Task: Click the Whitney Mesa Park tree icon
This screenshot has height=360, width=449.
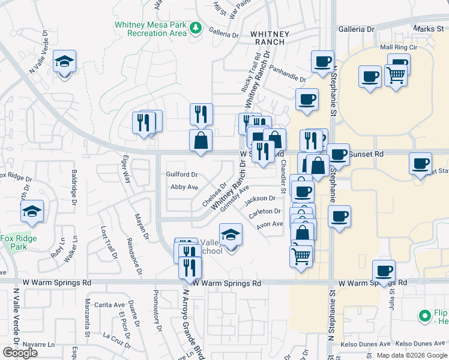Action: tap(196, 28)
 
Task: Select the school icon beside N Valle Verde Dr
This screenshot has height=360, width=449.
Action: tap(64, 62)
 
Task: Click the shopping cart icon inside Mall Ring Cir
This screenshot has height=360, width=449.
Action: tap(396, 75)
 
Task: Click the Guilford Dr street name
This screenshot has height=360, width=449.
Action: tap(182, 175)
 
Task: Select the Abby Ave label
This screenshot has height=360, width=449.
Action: tap(184, 187)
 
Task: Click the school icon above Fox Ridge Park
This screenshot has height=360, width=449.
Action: tap(32, 212)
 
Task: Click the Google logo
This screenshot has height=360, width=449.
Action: tap(20, 353)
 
